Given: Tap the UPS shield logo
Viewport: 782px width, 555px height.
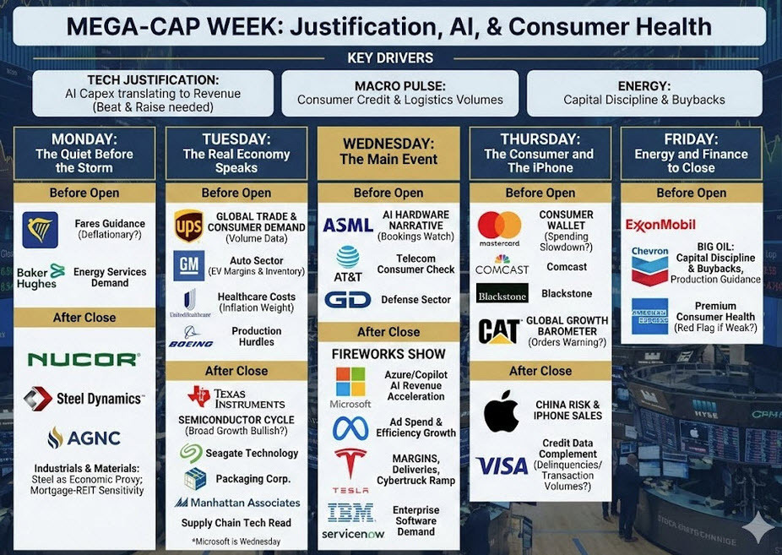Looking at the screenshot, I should click(x=187, y=226).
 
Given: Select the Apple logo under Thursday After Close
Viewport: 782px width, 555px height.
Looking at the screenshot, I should click(x=502, y=411).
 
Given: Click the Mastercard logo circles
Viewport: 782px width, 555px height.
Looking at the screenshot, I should click(x=499, y=226).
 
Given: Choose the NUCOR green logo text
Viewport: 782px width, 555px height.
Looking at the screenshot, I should click(x=83, y=359).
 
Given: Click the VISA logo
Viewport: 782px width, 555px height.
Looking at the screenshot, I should click(x=502, y=465).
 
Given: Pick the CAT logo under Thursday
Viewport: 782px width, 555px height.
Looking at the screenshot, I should click(x=498, y=331).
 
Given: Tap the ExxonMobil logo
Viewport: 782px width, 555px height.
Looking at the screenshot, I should click(x=660, y=225).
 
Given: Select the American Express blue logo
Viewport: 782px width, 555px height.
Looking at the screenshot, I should click(x=649, y=316).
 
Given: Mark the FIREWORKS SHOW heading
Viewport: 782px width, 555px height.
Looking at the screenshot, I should click(x=388, y=353).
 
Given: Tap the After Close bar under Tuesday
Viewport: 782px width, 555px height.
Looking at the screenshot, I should click(x=236, y=371).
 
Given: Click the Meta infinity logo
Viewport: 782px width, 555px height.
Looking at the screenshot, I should click(x=350, y=428).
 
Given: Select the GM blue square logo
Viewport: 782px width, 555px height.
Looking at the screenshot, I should click(x=188, y=265).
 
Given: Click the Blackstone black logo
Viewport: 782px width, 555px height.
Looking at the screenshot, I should click(x=502, y=293).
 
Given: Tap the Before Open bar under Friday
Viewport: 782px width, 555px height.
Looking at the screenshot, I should click(x=691, y=193).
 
